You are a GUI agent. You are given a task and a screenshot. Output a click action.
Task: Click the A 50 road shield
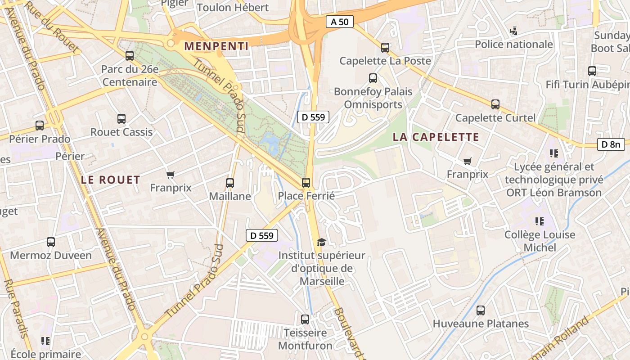click(340, 22)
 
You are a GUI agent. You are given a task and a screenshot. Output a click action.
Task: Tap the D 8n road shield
click(611, 144)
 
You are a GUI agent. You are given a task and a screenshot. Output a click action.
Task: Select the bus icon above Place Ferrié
click(306, 182)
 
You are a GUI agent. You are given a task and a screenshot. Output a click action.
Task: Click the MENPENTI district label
click(216, 46)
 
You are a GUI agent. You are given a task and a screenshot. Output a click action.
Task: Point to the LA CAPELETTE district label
click(436, 137)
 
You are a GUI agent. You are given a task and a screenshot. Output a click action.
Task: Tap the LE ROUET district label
click(111, 180)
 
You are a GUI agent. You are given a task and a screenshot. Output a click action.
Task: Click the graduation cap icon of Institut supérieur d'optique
click(321, 243)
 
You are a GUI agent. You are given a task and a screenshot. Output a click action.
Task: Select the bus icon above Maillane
click(230, 183)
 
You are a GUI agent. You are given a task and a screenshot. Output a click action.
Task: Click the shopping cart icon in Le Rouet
click(171, 175)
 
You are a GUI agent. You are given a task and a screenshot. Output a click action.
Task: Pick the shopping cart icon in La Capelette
click(468, 161)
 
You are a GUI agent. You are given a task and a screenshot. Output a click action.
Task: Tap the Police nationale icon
click(513, 31)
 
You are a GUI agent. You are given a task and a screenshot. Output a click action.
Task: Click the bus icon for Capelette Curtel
click(495, 104)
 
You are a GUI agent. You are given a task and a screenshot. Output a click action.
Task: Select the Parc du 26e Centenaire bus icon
click(130, 56)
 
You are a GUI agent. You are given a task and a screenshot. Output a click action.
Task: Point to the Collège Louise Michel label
click(540, 241)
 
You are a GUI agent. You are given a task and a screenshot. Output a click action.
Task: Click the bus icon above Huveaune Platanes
click(481, 310)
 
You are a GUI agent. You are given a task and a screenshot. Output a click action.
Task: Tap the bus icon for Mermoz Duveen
click(51, 242)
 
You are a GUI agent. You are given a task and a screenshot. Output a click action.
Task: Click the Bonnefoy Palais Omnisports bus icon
click(373, 78)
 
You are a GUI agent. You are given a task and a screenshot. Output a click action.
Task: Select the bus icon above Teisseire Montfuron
click(305, 319)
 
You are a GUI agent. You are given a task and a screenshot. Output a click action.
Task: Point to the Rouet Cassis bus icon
click(121, 119)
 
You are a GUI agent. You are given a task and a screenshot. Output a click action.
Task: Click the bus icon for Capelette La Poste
click(385, 47)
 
